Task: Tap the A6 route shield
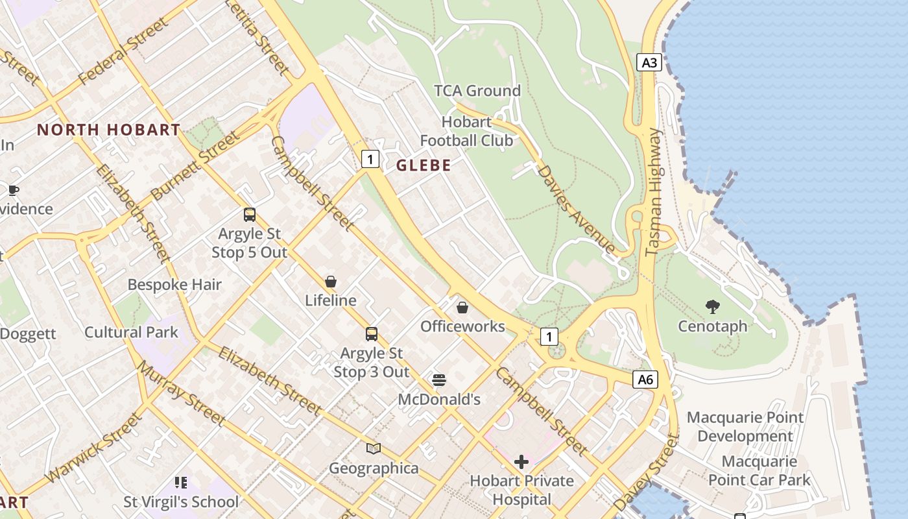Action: coord(645,380)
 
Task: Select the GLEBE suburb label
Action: coord(424,165)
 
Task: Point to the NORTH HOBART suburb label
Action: coord(108,130)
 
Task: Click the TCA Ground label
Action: coord(477,91)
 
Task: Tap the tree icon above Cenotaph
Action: coord(713,306)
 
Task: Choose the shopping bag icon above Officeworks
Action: coord(462,307)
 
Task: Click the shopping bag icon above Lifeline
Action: coord(331,282)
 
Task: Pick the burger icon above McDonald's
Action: coord(439,380)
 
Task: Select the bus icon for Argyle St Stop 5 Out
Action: coord(250,215)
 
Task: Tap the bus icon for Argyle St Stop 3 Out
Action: coord(372,334)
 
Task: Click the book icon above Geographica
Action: coord(374,448)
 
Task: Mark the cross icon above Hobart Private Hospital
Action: coord(521,462)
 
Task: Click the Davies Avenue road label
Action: coord(576,209)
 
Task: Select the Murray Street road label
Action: coord(181,394)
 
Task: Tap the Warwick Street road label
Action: coord(94,448)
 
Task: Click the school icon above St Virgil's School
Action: coord(181,482)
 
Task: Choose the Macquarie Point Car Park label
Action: coord(759,471)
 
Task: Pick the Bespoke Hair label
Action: coord(174,285)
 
